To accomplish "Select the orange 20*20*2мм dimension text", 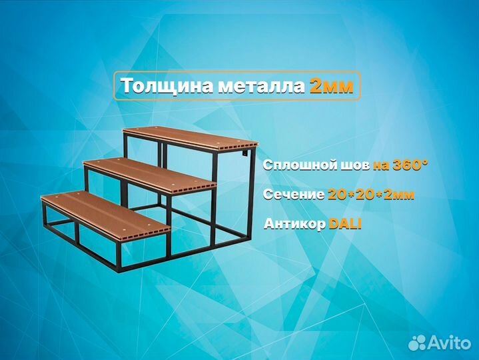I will click(x=370, y=195).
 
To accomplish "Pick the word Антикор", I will click(x=294, y=225).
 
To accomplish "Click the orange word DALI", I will click(x=345, y=225).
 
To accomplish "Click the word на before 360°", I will click(x=379, y=165).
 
